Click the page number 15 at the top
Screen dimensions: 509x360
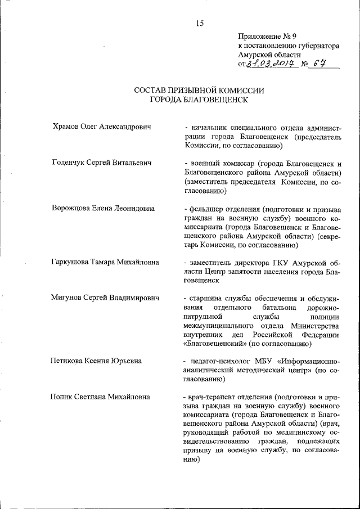pos(199,23)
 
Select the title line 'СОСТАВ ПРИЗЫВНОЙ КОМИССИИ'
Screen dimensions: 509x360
pos(199,90)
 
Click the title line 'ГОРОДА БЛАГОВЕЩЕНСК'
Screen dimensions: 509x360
pos(199,100)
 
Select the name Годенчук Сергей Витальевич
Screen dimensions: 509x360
pos(102,163)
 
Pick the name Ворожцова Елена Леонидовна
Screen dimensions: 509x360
pos(102,208)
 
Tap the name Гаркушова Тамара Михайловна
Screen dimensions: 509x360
pos(105,262)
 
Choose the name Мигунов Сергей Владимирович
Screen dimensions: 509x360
pos(105,298)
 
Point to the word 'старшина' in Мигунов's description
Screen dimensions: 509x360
pos(206,298)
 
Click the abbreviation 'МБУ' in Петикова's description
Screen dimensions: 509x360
pos(259,361)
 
